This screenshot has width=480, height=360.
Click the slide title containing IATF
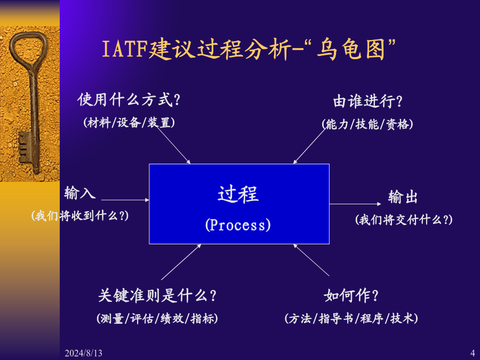point(249,50)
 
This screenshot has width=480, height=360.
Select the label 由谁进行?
point(367,101)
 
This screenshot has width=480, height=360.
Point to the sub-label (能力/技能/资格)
point(367,124)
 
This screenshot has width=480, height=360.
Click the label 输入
point(80,193)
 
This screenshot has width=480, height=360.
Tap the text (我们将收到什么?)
point(80,215)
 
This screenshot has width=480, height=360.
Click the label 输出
point(403,197)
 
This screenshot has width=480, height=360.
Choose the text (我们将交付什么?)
point(404,219)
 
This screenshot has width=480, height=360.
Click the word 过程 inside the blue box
point(238,194)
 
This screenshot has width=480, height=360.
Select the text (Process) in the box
point(238,225)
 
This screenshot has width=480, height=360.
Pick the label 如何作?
point(351,295)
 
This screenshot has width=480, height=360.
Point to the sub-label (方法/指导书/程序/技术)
point(351,318)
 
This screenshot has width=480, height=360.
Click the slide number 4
point(472,353)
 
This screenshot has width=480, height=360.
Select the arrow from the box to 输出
point(363,204)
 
